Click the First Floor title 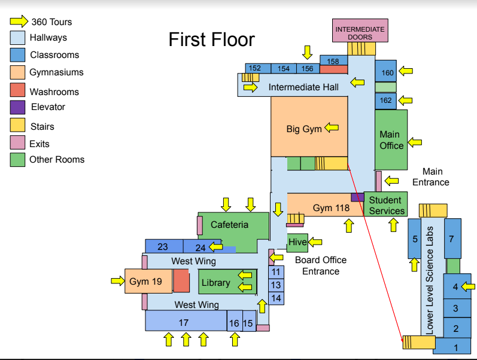click(x=211, y=40)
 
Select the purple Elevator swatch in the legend click(x=18, y=108)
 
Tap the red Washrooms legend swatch click(x=18, y=91)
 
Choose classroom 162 click(x=386, y=100)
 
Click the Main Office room click(x=391, y=140)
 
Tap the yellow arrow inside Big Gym click(x=331, y=128)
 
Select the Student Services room click(x=386, y=205)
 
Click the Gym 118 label click(x=330, y=208)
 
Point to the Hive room click(x=297, y=242)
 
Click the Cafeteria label click(x=229, y=225)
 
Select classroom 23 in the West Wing click(x=163, y=247)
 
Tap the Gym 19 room click(x=146, y=281)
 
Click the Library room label click(x=216, y=282)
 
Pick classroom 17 click(x=184, y=323)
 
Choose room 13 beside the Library click(x=276, y=285)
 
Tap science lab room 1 click(x=455, y=347)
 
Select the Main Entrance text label click(x=431, y=177)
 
